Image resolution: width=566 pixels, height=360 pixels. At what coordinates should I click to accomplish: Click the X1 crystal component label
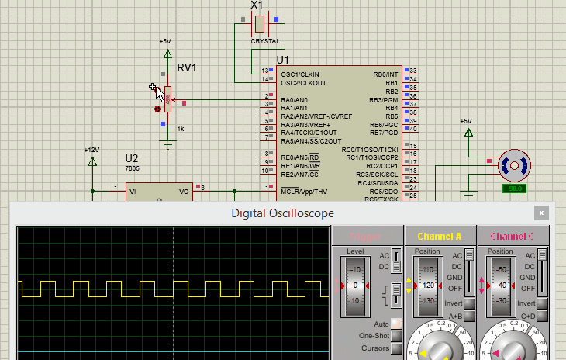click(x=257, y=5)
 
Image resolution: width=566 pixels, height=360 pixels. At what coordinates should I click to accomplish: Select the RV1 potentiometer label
click(x=187, y=68)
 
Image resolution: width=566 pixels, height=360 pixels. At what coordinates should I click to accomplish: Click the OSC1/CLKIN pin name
click(x=300, y=74)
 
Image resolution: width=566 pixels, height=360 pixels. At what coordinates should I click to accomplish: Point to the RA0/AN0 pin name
click(x=294, y=100)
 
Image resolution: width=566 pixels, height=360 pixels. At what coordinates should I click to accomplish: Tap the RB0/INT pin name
click(x=385, y=74)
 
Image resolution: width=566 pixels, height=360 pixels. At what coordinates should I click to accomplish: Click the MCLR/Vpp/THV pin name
click(x=304, y=191)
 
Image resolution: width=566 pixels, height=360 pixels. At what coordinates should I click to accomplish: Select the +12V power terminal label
click(x=92, y=149)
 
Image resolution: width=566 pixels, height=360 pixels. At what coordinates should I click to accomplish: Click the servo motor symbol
click(x=513, y=164)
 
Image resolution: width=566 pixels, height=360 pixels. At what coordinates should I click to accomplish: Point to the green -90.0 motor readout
click(x=513, y=189)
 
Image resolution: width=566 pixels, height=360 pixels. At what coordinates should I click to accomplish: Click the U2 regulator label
click(x=132, y=158)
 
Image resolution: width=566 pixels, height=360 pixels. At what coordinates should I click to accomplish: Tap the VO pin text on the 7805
click(x=184, y=191)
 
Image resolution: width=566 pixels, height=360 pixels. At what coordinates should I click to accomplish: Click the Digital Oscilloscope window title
click(x=283, y=213)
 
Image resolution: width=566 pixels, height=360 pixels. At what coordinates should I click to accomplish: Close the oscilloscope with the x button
click(x=541, y=213)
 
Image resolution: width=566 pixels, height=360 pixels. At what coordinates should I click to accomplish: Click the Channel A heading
click(x=439, y=236)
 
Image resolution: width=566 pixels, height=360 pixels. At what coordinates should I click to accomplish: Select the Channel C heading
click(x=512, y=236)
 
